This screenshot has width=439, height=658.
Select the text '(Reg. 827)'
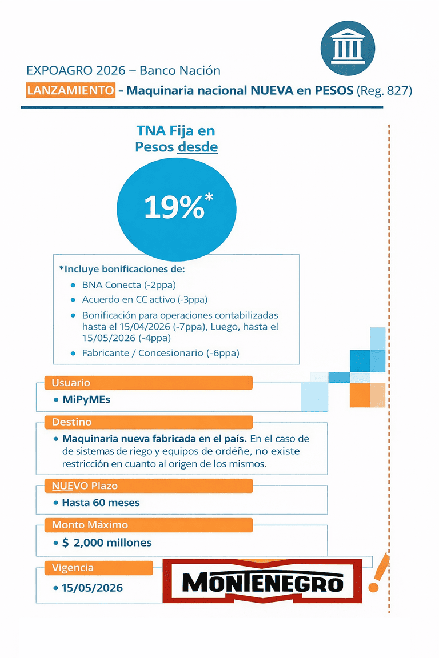384,90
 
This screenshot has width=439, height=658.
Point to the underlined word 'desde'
198,147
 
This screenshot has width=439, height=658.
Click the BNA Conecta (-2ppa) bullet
126,284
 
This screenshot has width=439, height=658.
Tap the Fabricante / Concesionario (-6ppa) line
161,353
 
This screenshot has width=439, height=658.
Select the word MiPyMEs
86,399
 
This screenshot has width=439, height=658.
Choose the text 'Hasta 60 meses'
101,503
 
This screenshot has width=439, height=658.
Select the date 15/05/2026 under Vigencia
92,587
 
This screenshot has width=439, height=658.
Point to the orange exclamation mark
378,573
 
